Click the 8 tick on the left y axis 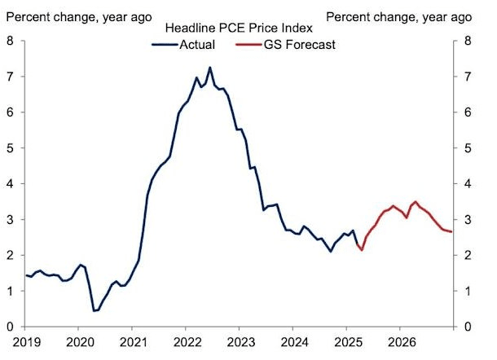point(11,41)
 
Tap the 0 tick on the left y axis point(11,327)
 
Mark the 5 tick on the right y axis point(467,148)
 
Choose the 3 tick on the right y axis point(467,220)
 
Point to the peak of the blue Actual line point(210,68)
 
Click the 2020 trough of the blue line point(94,310)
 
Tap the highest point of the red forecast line point(416,201)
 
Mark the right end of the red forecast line point(451,232)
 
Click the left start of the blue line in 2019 point(26,275)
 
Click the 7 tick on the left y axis point(11,77)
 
